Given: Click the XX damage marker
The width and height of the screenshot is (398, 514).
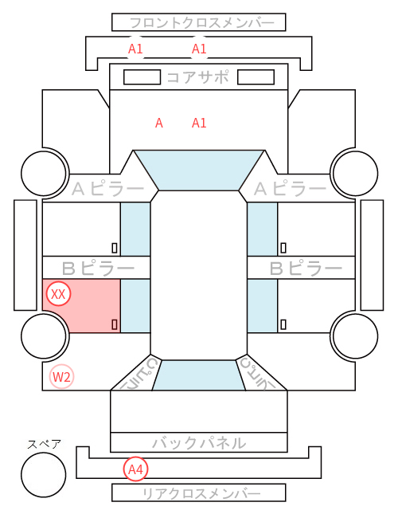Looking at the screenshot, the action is click(x=58, y=294).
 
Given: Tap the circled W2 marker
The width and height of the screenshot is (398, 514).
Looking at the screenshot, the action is click(x=61, y=377).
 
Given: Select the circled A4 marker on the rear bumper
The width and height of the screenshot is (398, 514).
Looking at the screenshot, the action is click(x=135, y=469).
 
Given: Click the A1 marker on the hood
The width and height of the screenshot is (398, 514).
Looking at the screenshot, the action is click(x=199, y=124).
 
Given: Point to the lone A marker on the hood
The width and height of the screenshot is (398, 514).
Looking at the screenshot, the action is click(x=159, y=124).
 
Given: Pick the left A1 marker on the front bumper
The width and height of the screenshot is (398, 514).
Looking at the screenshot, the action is click(x=135, y=49).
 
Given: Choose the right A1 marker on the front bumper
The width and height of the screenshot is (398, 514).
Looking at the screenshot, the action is click(x=199, y=49).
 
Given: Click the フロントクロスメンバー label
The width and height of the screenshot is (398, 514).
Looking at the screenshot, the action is click(x=201, y=23).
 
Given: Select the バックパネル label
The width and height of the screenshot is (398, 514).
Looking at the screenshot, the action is click(x=199, y=443).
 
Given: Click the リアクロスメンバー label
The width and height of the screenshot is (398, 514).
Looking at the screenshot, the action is click(x=201, y=493).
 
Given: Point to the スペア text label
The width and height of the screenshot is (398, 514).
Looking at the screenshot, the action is click(x=44, y=445).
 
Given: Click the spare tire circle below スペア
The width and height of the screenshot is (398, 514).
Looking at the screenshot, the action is click(x=44, y=475).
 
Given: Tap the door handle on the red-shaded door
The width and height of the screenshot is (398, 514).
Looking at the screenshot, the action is click(x=115, y=324).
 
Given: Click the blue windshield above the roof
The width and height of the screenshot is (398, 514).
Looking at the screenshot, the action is click(x=199, y=170).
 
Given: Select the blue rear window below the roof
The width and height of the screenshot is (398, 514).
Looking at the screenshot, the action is click(x=199, y=375).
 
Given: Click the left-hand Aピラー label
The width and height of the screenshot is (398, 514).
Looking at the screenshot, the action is click(x=107, y=189).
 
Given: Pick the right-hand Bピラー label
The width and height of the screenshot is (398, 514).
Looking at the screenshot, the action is click(x=306, y=269).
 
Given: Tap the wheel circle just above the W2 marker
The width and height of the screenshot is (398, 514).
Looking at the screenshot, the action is click(x=44, y=335).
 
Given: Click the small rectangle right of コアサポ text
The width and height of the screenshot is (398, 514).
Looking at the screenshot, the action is click(x=256, y=77).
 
